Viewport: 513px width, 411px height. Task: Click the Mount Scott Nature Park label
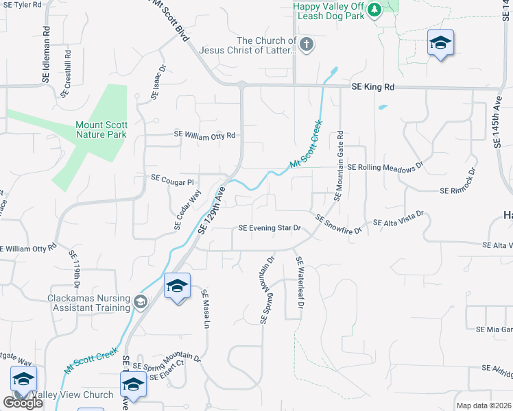[102, 129]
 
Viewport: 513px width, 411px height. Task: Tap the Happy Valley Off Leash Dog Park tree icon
[374, 10]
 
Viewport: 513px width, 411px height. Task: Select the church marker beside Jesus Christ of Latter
[307, 45]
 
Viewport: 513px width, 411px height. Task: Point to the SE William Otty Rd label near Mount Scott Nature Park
[205, 136]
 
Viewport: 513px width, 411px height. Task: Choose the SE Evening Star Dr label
[270, 228]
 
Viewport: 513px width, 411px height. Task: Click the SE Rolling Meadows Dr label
[386, 167]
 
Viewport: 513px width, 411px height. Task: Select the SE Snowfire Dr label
[338, 225]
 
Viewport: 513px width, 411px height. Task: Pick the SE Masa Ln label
[205, 309]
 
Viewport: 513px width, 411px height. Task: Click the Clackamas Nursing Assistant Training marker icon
[141, 301]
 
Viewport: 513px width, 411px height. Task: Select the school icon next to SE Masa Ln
[177, 286]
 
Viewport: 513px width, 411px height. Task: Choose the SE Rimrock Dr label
[459, 182]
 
